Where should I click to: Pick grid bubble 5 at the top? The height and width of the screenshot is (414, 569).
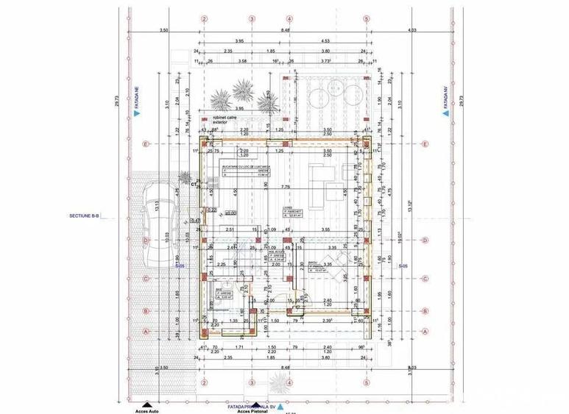367,18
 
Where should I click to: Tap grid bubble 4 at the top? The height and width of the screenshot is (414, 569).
290,18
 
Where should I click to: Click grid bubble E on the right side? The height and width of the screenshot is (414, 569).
425,143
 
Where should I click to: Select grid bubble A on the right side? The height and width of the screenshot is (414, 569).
425,332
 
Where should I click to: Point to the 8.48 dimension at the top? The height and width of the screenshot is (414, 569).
284,30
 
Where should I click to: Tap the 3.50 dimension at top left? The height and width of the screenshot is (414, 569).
163,30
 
